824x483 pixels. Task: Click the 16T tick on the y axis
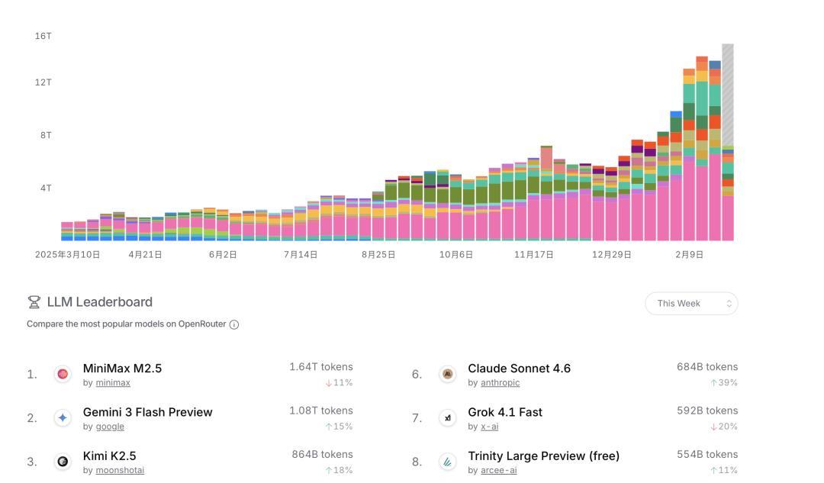coord(43,36)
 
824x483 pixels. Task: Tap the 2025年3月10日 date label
coord(67,255)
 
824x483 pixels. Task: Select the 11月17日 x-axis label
coord(533,255)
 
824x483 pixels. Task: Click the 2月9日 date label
coord(689,255)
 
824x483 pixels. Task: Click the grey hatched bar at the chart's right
coord(728,95)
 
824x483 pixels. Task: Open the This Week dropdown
coord(691,304)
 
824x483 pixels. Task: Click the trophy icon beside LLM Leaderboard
coord(34,302)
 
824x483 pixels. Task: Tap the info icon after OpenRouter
coord(234,324)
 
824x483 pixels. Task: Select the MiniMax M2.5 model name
coord(122,369)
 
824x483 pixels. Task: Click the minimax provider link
coord(113,383)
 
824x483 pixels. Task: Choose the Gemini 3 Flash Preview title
coord(147,412)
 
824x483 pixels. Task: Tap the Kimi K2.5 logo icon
coord(63,462)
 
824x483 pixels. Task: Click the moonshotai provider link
coord(120,470)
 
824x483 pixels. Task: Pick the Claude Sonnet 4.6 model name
coord(519,369)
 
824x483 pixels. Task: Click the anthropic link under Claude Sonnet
coord(500,383)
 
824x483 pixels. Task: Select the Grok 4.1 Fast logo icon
coord(448,418)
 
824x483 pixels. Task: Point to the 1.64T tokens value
coord(320,367)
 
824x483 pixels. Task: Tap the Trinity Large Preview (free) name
coord(543,456)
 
